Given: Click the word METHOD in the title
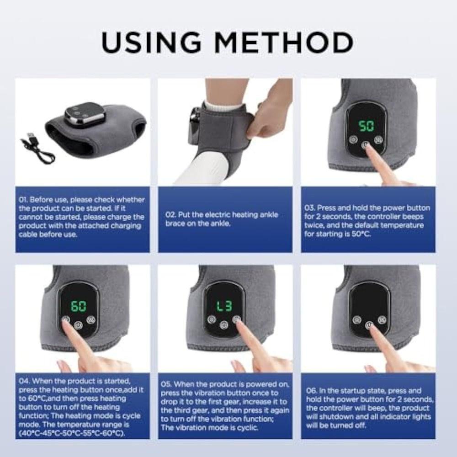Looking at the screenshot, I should [285, 43].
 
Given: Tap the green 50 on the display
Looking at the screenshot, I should [365, 126].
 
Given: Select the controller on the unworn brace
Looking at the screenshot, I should [83, 113].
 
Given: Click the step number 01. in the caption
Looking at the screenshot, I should [24, 200].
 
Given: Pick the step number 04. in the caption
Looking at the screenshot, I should [24, 381].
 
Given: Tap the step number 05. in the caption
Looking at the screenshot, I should [167, 385].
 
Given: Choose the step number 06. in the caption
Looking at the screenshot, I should [311, 391].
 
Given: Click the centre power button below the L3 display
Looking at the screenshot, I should [223, 324].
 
